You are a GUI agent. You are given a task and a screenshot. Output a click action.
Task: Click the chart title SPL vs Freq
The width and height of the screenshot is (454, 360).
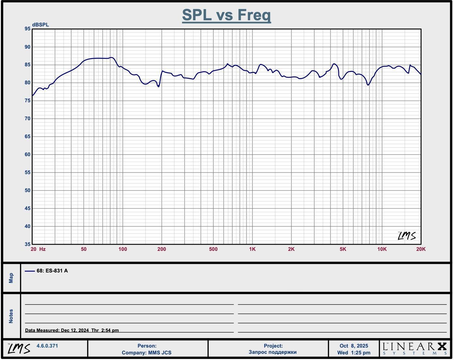(226, 15)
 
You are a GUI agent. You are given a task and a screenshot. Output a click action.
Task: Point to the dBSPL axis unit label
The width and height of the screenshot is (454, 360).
(41, 25)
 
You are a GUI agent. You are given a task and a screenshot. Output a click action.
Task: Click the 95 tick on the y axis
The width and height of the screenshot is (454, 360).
(27, 29)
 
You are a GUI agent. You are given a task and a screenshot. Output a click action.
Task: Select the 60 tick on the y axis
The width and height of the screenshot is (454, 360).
(27, 155)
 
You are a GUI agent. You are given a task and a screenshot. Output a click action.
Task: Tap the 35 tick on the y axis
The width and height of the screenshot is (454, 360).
(27, 244)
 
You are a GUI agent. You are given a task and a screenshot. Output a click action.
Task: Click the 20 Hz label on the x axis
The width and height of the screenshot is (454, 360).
(38, 249)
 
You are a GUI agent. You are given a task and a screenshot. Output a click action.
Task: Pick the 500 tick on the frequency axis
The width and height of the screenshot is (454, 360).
(213, 249)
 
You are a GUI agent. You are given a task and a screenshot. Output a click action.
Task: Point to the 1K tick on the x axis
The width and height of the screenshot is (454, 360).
(252, 249)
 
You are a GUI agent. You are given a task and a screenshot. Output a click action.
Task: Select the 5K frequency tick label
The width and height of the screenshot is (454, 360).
(343, 249)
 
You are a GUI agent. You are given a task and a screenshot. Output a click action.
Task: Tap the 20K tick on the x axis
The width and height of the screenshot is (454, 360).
(421, 249)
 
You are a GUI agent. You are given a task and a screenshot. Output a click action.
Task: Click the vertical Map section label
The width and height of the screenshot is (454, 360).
(11, 278)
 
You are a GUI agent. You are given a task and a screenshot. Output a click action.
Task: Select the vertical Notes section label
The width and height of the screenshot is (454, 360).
(11, 316)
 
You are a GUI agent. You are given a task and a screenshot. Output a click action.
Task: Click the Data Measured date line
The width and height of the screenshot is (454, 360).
(72, 330)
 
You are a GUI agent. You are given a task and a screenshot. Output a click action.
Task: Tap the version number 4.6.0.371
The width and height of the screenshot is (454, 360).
(47, 346)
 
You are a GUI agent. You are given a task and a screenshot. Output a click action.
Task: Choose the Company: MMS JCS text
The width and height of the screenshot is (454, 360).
(147, 353)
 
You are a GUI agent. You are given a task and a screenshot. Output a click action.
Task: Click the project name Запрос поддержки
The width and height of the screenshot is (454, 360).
(272, 352)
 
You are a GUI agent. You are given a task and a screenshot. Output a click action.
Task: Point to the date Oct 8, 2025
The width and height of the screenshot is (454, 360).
(354, 346)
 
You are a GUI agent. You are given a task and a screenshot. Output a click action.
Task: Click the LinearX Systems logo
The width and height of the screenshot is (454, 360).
(415, 349)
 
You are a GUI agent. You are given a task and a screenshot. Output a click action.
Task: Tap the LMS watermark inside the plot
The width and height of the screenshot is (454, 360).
(407, 236)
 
